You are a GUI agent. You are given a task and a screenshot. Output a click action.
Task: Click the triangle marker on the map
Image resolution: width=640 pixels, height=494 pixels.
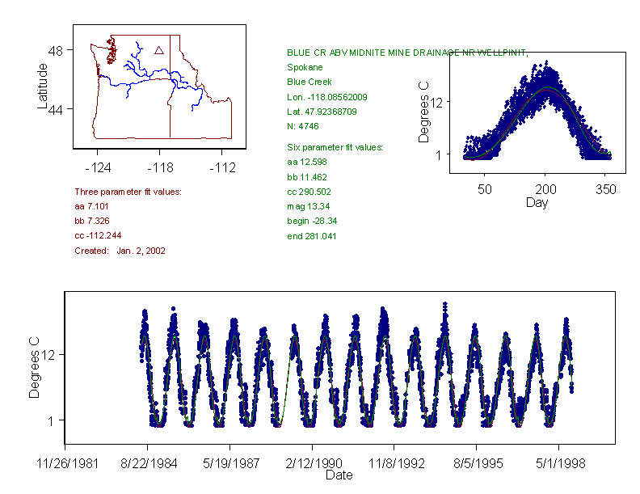[x=159, y=50]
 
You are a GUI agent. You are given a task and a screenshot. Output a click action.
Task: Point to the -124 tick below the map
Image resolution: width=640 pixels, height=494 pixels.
[x=97, y=167]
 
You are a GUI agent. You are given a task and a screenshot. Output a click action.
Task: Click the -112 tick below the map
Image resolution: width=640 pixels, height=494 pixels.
[x=221, y=167]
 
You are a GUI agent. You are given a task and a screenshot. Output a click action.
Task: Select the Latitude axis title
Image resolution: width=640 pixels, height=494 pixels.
[x=43, y=86]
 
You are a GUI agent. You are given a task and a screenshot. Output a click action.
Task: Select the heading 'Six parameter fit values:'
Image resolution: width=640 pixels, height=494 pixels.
[x=335, y=147]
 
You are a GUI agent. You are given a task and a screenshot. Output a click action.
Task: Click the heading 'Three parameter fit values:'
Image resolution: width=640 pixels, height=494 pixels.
[x=128, y=192]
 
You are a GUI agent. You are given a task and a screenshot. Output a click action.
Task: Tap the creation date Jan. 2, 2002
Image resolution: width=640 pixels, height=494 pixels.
[x=141, y=251]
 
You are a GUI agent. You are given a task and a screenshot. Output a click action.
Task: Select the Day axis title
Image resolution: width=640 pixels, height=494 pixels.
[x=537, y=202]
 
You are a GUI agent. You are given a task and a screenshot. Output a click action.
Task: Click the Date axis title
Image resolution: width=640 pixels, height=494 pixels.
[x=339, y=475]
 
